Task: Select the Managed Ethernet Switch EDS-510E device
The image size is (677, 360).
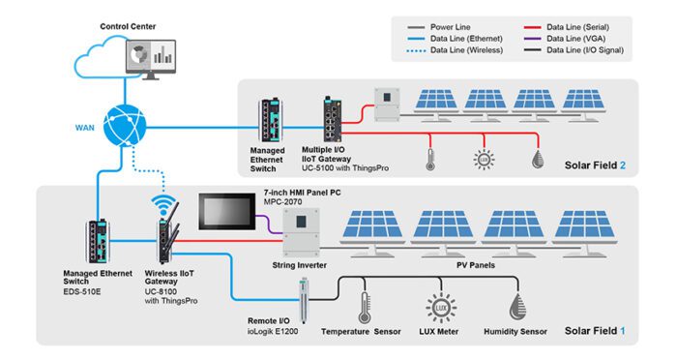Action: [97, 238]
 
